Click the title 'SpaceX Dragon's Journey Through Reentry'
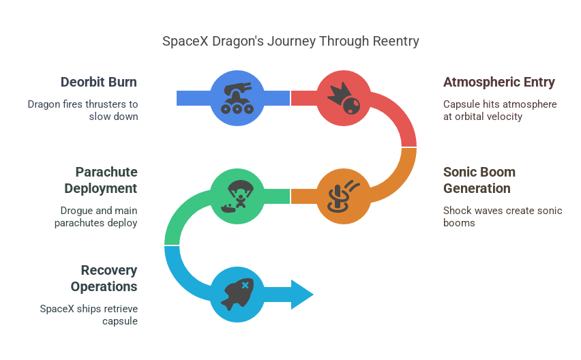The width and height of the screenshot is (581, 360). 290,42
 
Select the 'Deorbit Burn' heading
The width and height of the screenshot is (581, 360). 98,82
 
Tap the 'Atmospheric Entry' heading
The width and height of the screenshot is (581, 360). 499,82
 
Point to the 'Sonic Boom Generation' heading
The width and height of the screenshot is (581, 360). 479,180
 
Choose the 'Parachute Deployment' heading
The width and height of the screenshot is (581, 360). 106,180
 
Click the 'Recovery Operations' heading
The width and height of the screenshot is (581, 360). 108,278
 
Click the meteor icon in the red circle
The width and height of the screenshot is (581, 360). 344,99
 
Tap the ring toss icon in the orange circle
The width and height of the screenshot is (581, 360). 344,196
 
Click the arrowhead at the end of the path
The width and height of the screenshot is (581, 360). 302,294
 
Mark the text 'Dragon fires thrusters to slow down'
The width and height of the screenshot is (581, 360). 82,110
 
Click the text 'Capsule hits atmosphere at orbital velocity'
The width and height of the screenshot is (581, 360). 500,110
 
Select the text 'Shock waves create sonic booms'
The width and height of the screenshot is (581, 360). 503,217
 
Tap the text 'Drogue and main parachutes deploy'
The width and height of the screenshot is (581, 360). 95,217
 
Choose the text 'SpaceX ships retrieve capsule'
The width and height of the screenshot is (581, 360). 89,315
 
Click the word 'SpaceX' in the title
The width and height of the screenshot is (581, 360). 181,42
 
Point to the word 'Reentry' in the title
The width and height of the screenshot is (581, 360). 396,42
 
